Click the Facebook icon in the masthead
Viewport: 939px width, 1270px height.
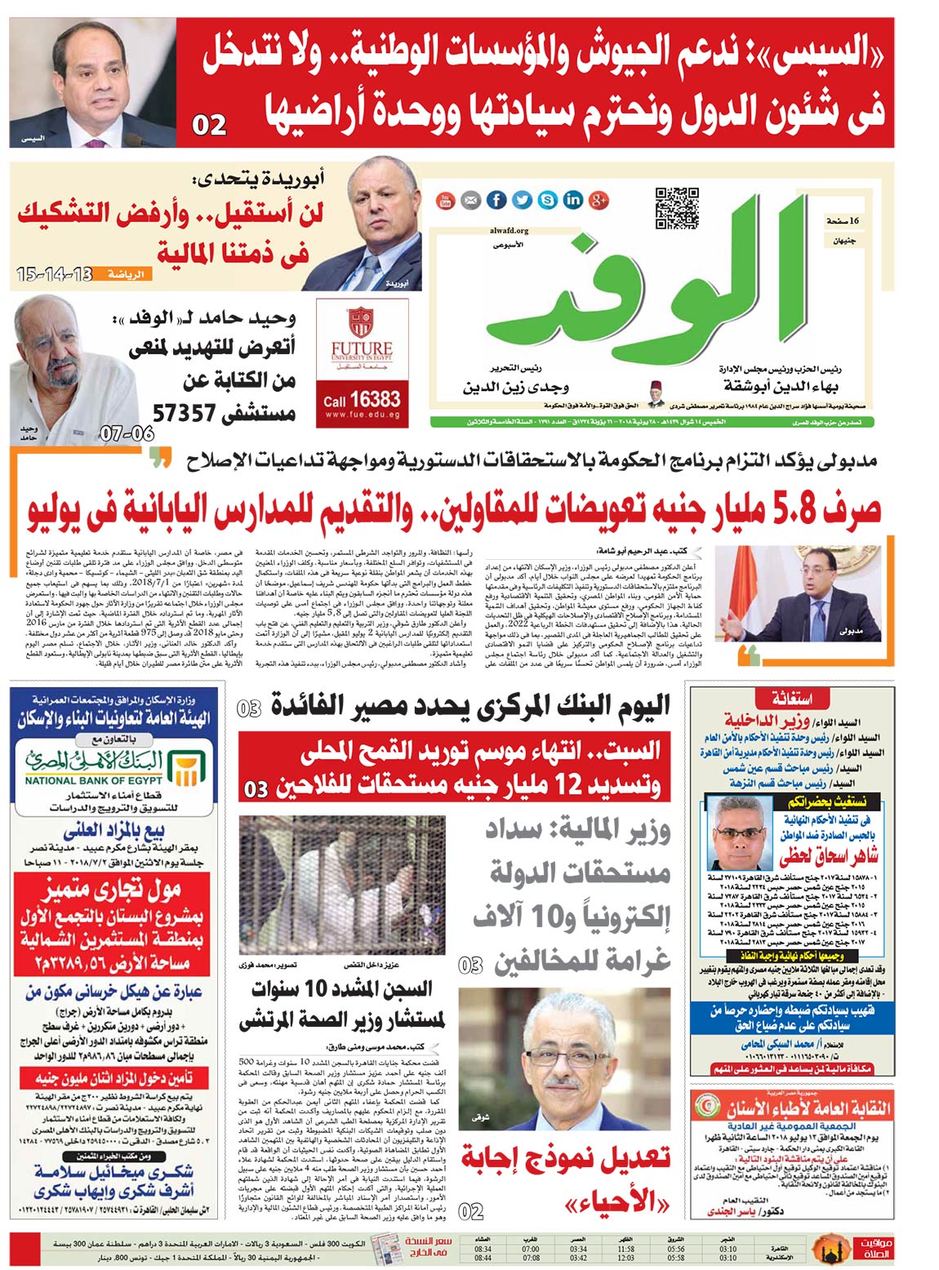[x=496, y=200]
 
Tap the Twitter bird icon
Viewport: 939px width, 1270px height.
[x=522, y=200]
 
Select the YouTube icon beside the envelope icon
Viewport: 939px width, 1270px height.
[x=446, y=200]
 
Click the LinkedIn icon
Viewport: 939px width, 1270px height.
[x=572, y=200]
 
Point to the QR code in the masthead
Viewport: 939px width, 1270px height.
[x=677, y=209]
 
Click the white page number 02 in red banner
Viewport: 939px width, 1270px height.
[x=209, y=125]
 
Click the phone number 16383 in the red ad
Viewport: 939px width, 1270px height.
[x=375, y=399]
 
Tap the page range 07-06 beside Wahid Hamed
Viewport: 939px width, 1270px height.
[x=127, y=433]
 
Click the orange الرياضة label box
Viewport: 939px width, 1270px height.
[x=127, y=274]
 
